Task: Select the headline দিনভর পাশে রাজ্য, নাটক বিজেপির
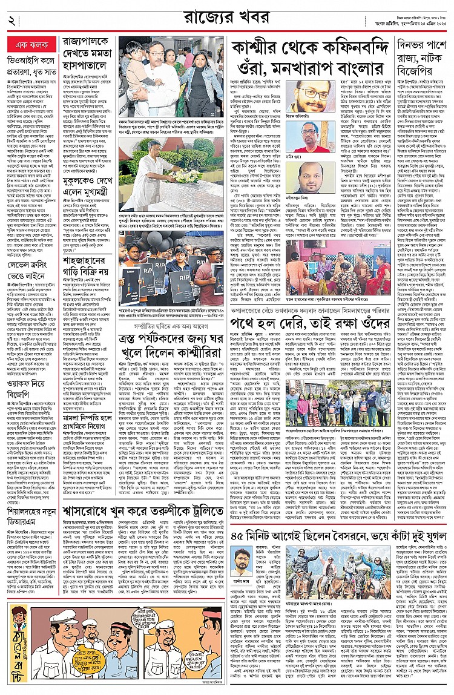(422, 58)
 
